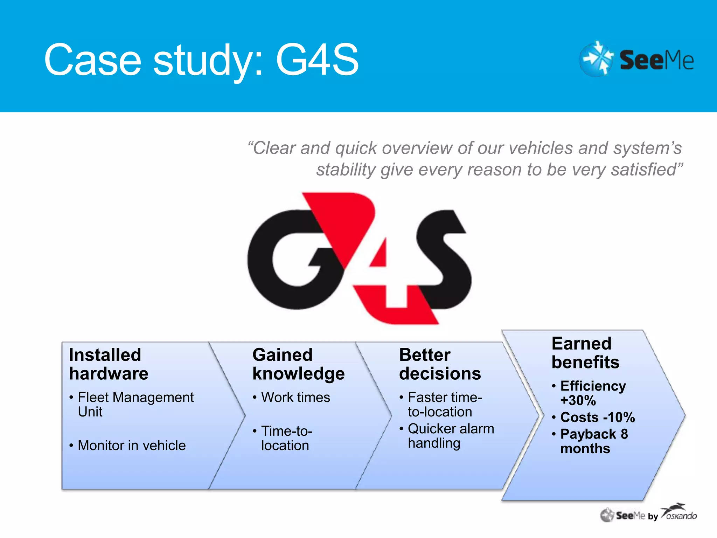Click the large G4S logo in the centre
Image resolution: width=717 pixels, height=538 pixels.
click(x=359, y=258)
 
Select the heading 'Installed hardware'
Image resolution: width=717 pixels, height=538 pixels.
click(x=109, y=364)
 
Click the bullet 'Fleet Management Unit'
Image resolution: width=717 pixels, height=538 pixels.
click(x=135, y=405)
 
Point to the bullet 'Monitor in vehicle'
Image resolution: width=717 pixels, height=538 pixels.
click(x=132, y=446)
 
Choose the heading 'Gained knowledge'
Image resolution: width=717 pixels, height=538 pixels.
click(x=298, y=364)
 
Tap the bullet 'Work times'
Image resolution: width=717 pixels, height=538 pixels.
click(x=295, y=398)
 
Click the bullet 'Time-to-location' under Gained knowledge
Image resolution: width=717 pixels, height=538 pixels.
click(x=286, y=438)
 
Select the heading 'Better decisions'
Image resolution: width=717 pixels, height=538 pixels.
click(x=440, y=364)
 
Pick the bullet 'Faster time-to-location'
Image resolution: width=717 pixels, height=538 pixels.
click(x=445, y=405)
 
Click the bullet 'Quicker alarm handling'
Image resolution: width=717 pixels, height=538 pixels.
click(x=451, y=436)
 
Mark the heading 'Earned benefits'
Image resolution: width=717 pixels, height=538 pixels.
click(x=585, y=353)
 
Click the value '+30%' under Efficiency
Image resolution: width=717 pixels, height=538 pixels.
click(x=578, y=401)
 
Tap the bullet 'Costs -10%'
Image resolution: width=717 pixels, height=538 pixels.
click(x=597, y=418)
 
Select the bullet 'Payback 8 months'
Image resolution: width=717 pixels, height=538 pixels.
click(x=594, y=441)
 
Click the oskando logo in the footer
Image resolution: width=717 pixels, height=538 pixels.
click(x=679, y=513)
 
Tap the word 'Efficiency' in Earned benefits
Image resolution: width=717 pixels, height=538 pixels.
click(x=593, y=386)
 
